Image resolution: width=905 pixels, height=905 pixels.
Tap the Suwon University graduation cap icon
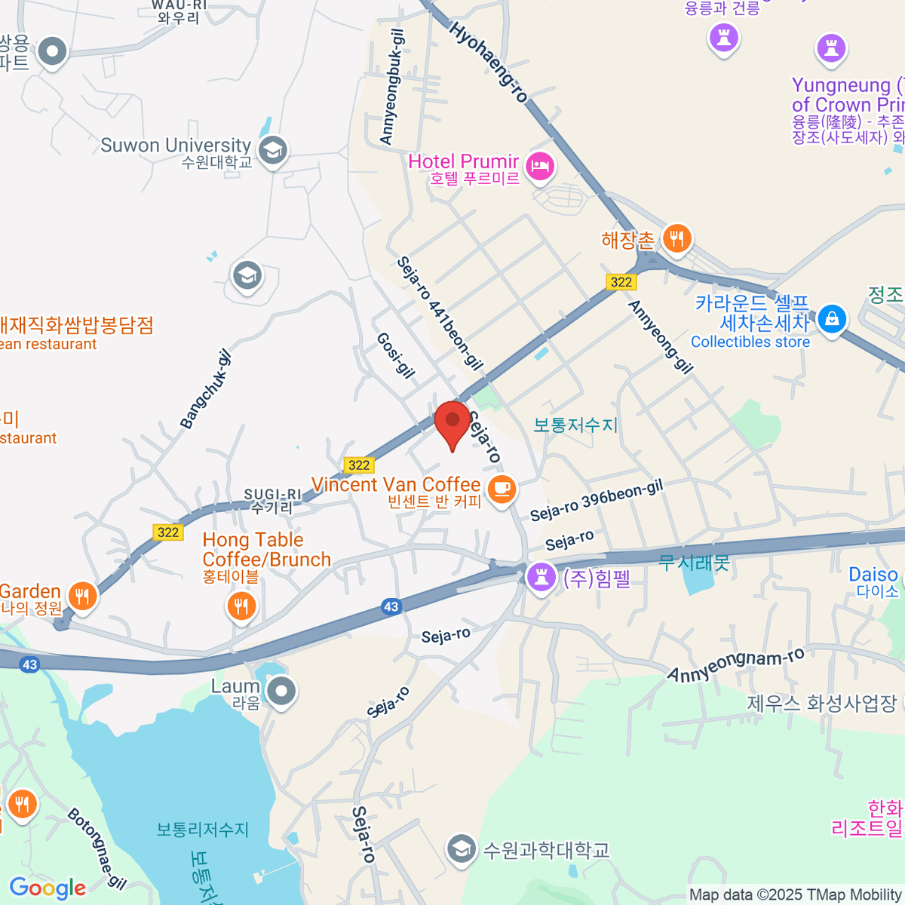tap(272, 150)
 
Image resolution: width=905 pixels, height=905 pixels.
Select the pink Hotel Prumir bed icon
tap(540, 166)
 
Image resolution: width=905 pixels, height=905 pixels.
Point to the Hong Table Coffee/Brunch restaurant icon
tap(241, 605)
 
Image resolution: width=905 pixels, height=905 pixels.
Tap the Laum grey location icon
tap(282, 691)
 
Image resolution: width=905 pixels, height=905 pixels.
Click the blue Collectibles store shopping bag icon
tap(831, 319)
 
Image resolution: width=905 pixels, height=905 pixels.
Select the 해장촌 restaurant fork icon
tap(676, 239)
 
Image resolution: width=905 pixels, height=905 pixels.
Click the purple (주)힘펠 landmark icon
tap(540, 578)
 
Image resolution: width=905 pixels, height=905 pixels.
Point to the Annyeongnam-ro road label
tap(736, 664)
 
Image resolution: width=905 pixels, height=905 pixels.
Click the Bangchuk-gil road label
tap(205, 389)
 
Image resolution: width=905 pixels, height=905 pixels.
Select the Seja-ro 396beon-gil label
tap(597, 500)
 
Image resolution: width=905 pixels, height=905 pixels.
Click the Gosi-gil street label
tap(395, 354)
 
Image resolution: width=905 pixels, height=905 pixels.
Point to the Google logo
tap(48, 888)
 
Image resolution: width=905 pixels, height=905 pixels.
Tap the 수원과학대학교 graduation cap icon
tap(460, 849)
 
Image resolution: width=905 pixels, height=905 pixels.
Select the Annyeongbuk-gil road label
tap(392, 87)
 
